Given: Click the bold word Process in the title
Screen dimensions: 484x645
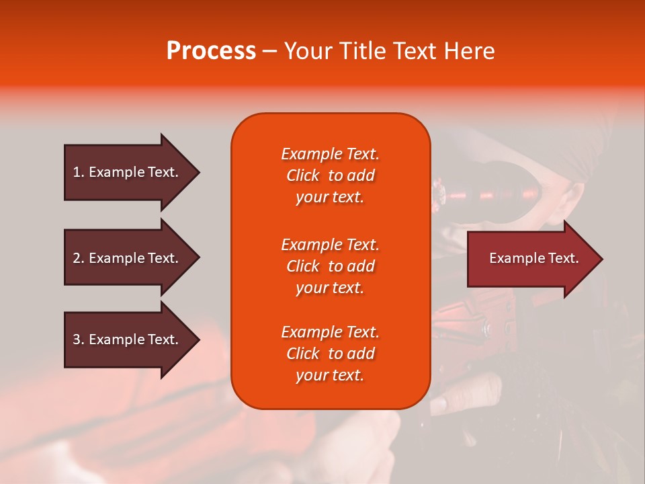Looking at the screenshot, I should click(x=211, y=51).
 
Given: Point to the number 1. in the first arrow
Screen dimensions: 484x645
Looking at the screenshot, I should click(x=79, y=172).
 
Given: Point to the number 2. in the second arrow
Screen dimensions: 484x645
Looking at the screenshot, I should click(x=79, y=258).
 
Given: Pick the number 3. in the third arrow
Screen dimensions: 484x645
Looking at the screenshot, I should click(x=79, y=339).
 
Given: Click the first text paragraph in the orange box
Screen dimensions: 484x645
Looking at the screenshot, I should click(x=330, y=175).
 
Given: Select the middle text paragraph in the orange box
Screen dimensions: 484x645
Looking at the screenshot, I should click(x=330, y=266).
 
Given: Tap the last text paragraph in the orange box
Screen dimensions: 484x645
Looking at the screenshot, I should click(x=330, y=354).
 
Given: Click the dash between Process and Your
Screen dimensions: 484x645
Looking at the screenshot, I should click(x=269, y=52).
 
